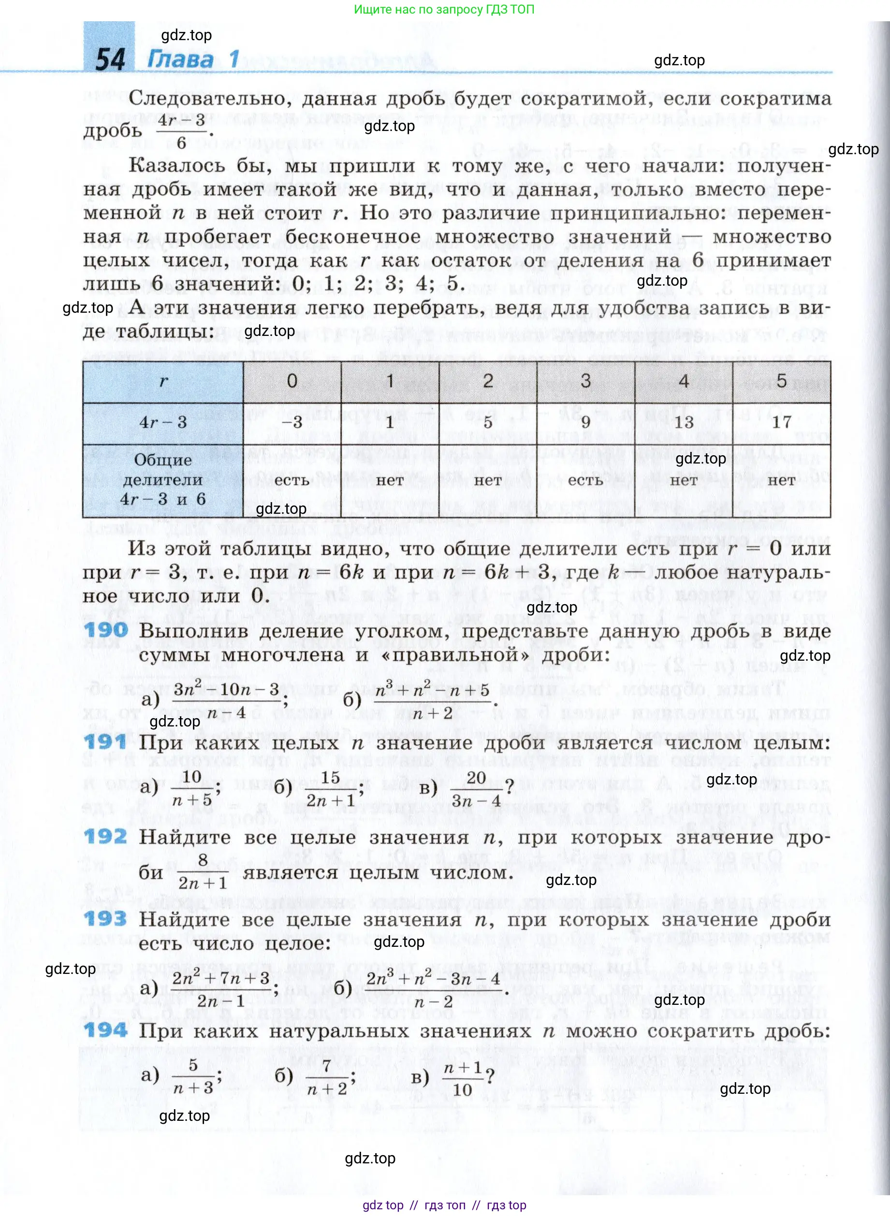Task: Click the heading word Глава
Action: tap(180, 58)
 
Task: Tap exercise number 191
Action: tap(105, 742)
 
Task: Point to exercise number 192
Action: tap(105, 836)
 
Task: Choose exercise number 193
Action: tap(105, 919)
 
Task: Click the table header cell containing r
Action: tap(163, 382)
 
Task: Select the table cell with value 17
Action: tap(781, 422)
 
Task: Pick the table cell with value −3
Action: tap(292, 422)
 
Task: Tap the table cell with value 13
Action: tap(683, 422)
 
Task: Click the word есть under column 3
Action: tap(585, 480)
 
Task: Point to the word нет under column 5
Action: tap(781, 480)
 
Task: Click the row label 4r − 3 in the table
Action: tap(163, 422)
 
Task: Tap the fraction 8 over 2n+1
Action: tap(203, 871)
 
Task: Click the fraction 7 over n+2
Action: tap(326, 1077)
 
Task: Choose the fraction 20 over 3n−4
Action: tap(476, 789)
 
